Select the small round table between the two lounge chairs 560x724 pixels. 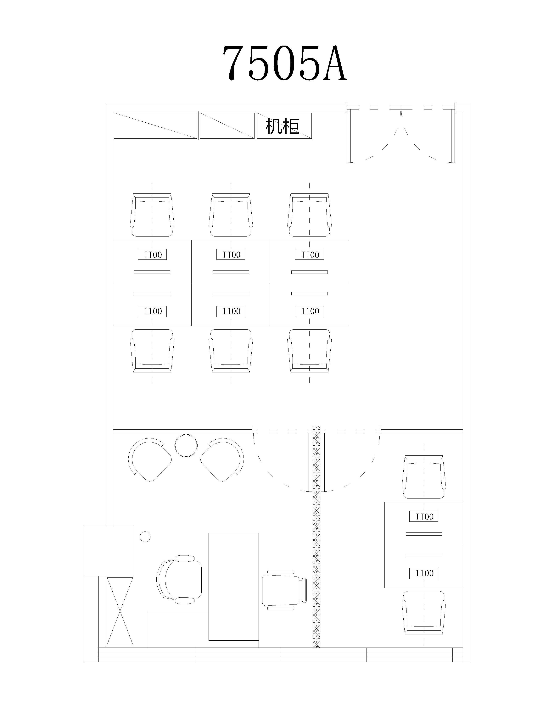pyautogui.click(x=186, y=446)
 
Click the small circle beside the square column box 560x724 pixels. pyautogui.click(x=145, y=537)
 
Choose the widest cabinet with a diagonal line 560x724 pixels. pyautogui.click(x=155, y=126)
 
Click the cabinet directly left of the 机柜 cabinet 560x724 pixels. pyautogui.click(x=227, y=126)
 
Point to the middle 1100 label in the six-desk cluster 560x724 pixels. pyautogui.click(x=231, y=311)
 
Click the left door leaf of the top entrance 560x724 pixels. pyautogui.click(x=349, y=136)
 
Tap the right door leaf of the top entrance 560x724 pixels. pyautogui.click(x=453, y=136)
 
